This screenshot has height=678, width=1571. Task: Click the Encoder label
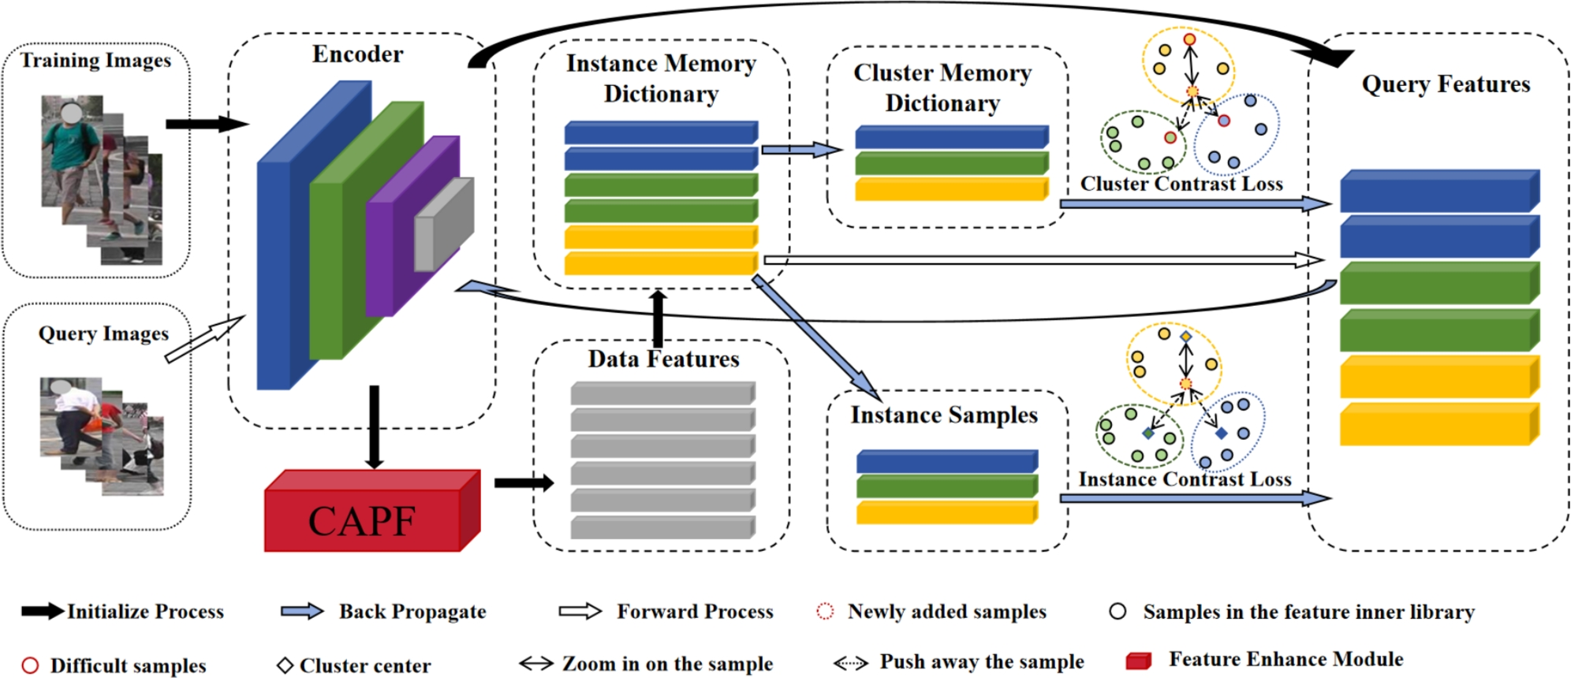coord(357,54)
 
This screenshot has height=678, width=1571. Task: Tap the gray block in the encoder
coord(443,225)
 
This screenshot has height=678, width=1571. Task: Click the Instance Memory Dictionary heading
coord(661,78)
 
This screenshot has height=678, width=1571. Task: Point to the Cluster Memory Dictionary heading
coord(942,88)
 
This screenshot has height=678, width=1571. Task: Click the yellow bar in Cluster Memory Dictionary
coord(950,189)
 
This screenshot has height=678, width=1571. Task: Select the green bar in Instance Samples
coord(946,486)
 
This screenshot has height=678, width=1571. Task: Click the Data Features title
coord(663,359)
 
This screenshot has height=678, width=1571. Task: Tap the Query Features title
coord(1445,84)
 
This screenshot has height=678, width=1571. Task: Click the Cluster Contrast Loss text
coord(1181,184)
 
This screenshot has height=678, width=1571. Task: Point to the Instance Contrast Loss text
coord(1185,479)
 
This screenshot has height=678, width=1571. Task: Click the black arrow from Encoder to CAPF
coord(374,426)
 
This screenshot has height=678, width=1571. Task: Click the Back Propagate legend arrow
coord(302,612)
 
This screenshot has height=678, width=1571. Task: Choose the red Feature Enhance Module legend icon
coord(1138,661)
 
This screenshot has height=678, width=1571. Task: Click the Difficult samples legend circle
coord(30,665)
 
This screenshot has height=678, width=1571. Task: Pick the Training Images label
coord(95,61)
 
